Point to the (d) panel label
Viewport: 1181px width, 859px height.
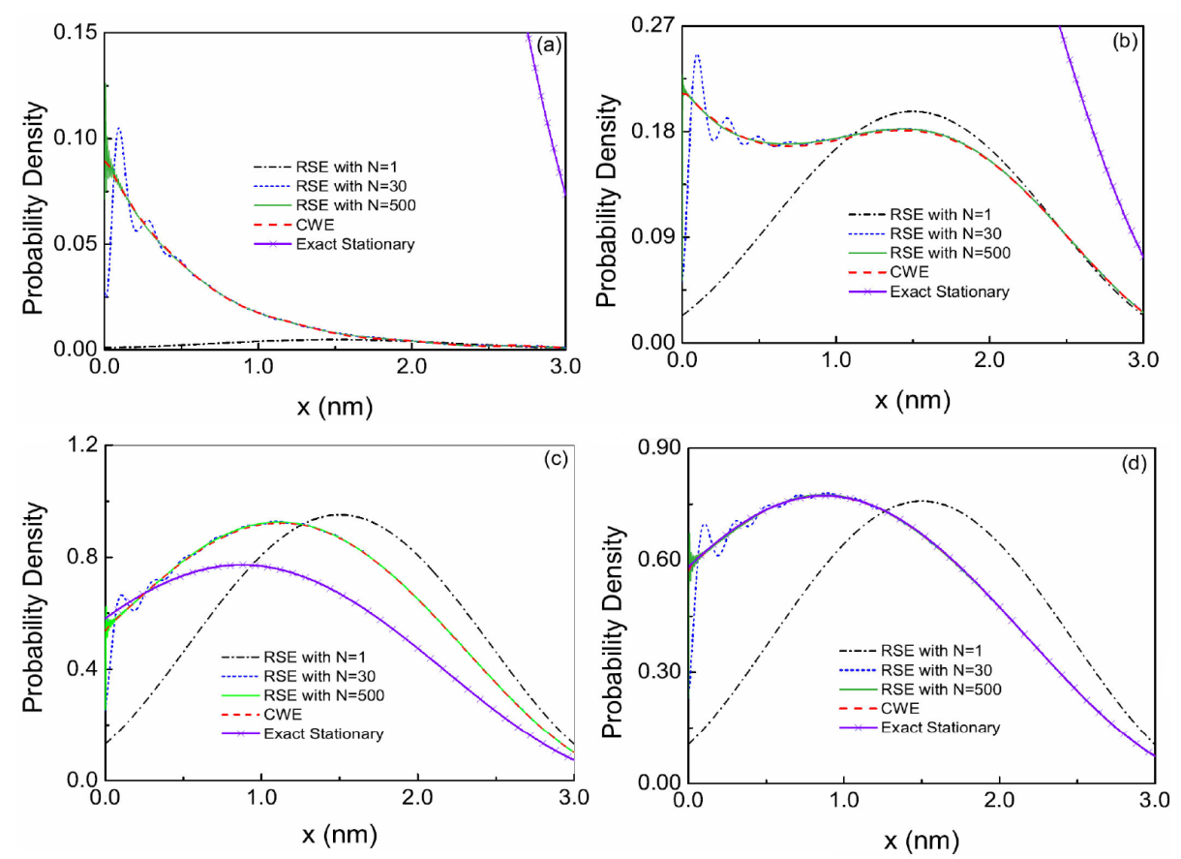(x=1134, y=463)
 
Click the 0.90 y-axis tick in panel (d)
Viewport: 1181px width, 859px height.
(x=656, y=448)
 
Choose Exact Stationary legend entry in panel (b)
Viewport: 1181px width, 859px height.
(x=950, y=291)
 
